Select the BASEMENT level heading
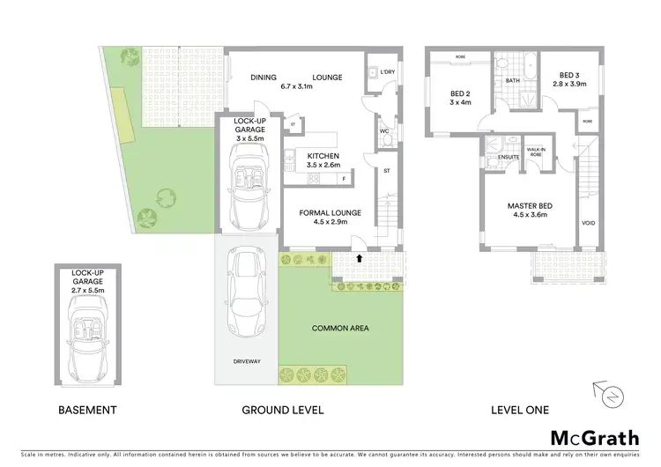point(86,410)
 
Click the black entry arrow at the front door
point(360,258)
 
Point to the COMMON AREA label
point(340,328)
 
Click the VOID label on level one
point(588,223)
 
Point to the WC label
point(384,132)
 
